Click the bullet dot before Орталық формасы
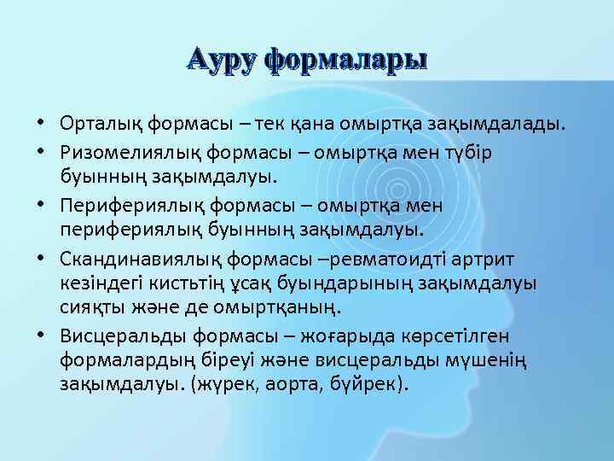coord(41,125)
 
